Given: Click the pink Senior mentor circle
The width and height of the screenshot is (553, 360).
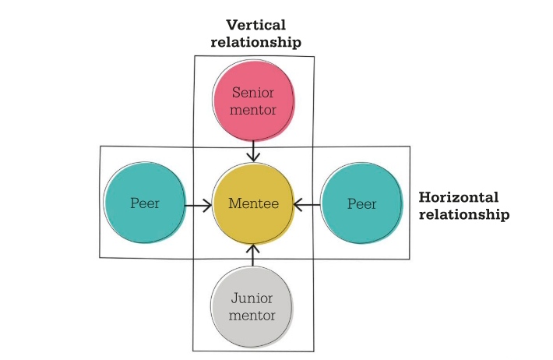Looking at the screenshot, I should pos(254,101).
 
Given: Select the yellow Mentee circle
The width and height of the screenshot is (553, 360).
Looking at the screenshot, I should pos(253,204).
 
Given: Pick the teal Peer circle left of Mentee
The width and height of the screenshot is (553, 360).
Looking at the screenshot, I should pos(145,204).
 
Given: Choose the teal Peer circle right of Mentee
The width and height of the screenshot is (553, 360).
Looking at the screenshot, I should pos(361,204).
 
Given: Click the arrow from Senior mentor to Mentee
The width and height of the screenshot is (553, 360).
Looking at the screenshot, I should pos(254,150).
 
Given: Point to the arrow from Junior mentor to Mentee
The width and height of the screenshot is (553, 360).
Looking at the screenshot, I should pos(254,256).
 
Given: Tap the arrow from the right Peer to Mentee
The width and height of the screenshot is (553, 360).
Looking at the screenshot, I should pos(308,205).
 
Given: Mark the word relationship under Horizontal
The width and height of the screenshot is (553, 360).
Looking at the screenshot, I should pos(464,214).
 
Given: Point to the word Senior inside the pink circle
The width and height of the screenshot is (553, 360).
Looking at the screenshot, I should pos(254,93).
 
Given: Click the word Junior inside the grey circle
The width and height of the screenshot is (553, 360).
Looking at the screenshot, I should pos(253,298).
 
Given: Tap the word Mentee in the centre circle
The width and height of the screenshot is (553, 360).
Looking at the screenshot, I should pos(253,204).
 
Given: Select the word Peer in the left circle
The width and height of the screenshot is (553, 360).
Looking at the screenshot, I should pos(145,204).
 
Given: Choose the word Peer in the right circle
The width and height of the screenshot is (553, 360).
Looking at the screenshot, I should pos(361,204).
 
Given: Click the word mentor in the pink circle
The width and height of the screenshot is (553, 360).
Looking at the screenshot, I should pos(254,110).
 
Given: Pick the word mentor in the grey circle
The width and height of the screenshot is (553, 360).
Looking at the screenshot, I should pos(253,316).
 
